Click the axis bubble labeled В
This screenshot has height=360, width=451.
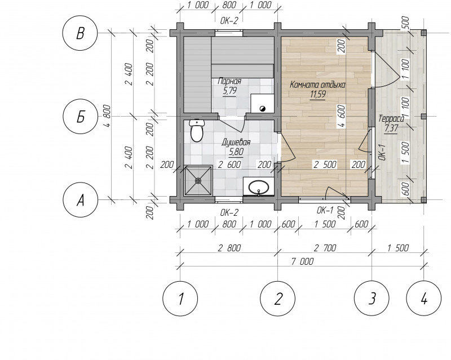coord(80,33)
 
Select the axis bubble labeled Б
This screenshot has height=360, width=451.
coord(80,116)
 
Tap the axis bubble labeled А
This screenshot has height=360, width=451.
coord(80,199)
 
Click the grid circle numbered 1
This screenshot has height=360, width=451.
coord(180,299)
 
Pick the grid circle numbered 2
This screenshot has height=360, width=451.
coord(277,299)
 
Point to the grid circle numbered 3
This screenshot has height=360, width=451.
coord(372,299)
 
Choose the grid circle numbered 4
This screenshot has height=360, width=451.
coord(424,299)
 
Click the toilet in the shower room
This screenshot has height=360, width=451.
coord(197,131)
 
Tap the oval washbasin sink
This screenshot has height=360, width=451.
coord(259,188)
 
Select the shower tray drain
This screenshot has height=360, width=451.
coord(198,181)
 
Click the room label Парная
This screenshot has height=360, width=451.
coord(229,81)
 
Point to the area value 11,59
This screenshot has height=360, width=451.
coord(318,95)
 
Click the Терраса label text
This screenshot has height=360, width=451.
coord(391,118)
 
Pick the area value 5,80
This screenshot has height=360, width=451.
coord(236,152)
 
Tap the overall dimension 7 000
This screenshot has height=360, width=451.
coord(302,261)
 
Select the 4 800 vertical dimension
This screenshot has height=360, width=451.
coord(107,116)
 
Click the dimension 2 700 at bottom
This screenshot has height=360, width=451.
coord(325,247)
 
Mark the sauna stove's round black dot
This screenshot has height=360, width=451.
coord(263,108)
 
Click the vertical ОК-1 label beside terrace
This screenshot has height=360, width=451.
coord(382,153)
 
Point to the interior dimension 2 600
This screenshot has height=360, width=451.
coord(229,165)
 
